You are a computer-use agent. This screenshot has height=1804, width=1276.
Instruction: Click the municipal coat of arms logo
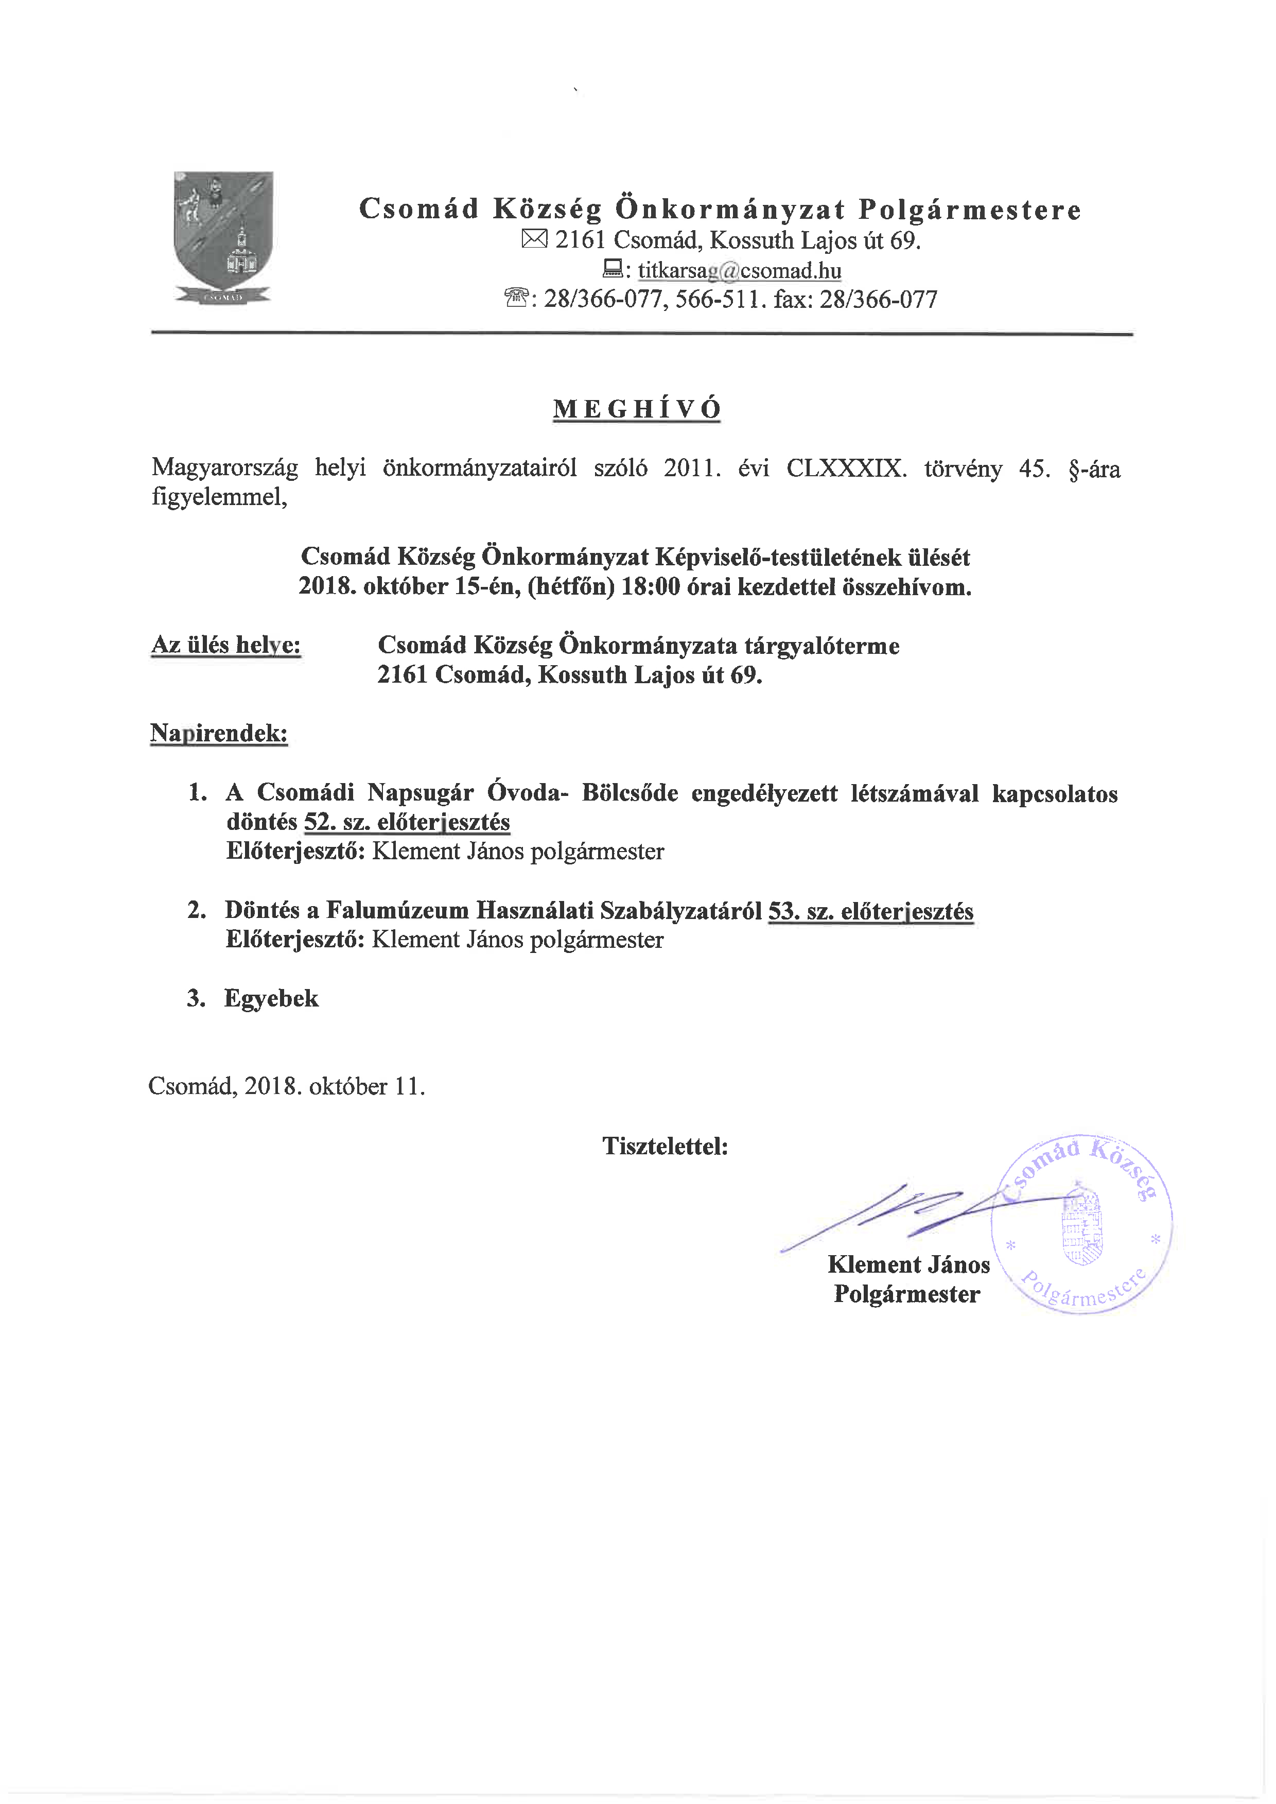(223, 236)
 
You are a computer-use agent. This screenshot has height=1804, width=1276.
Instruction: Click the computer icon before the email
(612, 269)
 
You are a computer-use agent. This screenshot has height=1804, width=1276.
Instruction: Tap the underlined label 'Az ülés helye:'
(226, 645)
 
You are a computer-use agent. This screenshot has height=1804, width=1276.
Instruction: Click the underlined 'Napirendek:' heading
(219, 733)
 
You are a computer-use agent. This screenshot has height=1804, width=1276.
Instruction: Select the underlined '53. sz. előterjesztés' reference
(870, 911)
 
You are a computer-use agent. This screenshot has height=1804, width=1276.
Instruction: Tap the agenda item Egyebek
(271, 999)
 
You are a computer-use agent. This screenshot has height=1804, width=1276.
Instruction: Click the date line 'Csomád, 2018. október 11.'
(287, 1087)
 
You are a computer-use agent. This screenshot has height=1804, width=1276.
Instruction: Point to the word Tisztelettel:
(665, 1147)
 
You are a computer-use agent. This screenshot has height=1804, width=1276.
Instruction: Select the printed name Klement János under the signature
(908, 1264)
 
